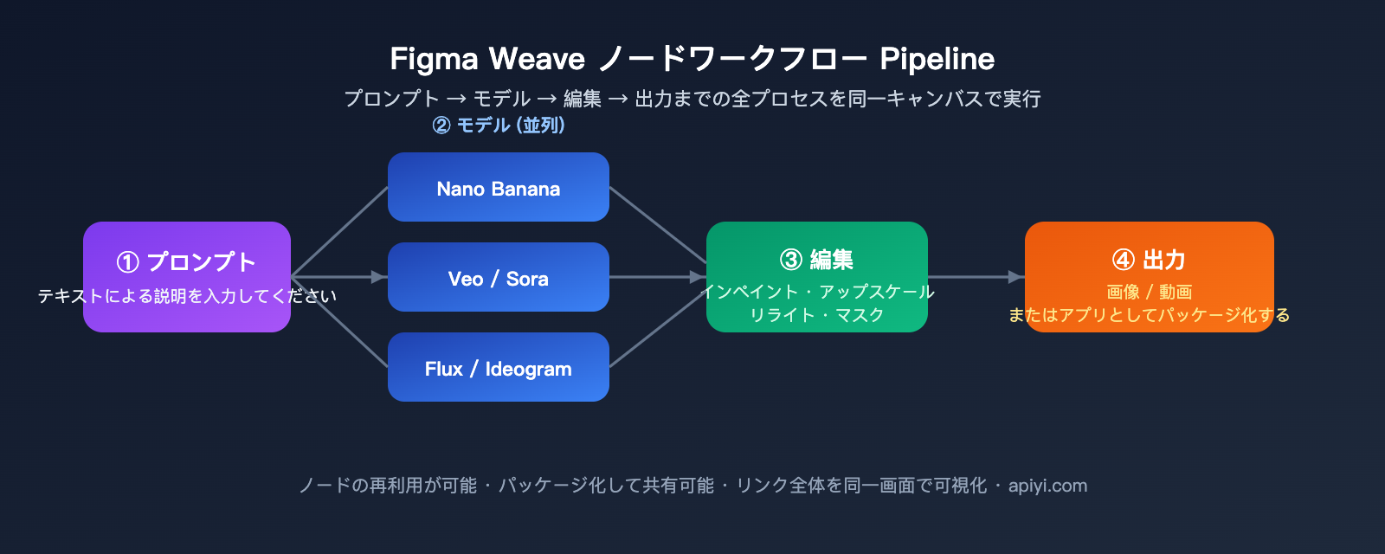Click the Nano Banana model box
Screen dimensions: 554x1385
pos(498,187)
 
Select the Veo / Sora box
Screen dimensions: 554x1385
pos(498,277)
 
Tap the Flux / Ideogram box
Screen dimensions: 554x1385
pos(498,367)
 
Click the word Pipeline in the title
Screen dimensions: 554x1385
pos(937,59)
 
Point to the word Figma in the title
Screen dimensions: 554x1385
pos(434,59)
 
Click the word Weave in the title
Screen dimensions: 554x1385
pos(537,59)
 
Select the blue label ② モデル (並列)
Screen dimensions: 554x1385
pos(499,125)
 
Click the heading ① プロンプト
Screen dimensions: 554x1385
pos(186,261)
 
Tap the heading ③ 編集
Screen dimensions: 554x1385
pos(816,259)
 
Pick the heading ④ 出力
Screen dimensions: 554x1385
pos(1149,259)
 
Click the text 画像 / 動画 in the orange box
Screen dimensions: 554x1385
pos(1149,292)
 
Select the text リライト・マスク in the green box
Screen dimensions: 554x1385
pos(816,315)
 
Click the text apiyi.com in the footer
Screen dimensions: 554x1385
pos(1047,486)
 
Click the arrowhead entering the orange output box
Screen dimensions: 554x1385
pos(1016,277)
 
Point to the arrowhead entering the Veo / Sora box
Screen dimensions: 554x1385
pos(378,277)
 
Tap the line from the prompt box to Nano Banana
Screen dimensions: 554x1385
pos(339,232)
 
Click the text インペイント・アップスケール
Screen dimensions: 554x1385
pos(816,292)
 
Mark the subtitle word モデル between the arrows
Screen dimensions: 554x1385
pos(501,99)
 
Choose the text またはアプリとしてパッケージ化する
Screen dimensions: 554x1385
pos(1149,315)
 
